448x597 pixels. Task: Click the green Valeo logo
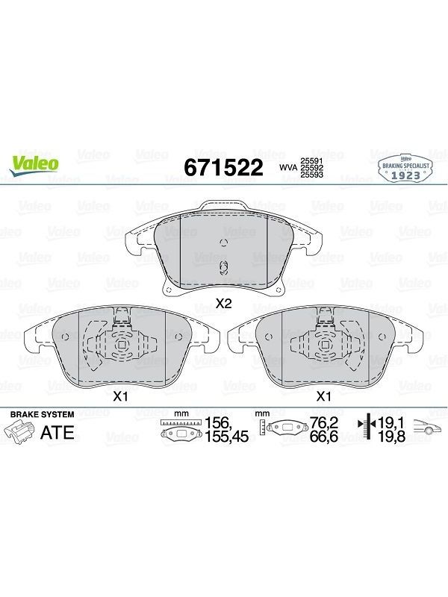pyautogui.click(x=34, y=166)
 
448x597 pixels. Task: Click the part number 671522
pyautogui.click(x=223, y=167)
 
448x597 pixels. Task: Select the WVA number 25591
pyautogui.click(x=312, y=161)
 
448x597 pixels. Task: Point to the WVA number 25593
pyautogui.click(x=312, y=175)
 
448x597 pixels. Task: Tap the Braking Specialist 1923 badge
pyautogui.click(x=405, y=170)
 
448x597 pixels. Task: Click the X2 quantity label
pyautogui.click(x=223, y=303)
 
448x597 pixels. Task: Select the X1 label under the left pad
pyautogui.click(x=120, y=397)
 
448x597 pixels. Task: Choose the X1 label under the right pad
pyautogui.click(x=323, y=397)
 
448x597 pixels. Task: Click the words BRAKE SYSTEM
pyautogui.click(x=42, y=415)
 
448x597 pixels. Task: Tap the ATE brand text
pyautogui.click(x=57, y=433)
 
